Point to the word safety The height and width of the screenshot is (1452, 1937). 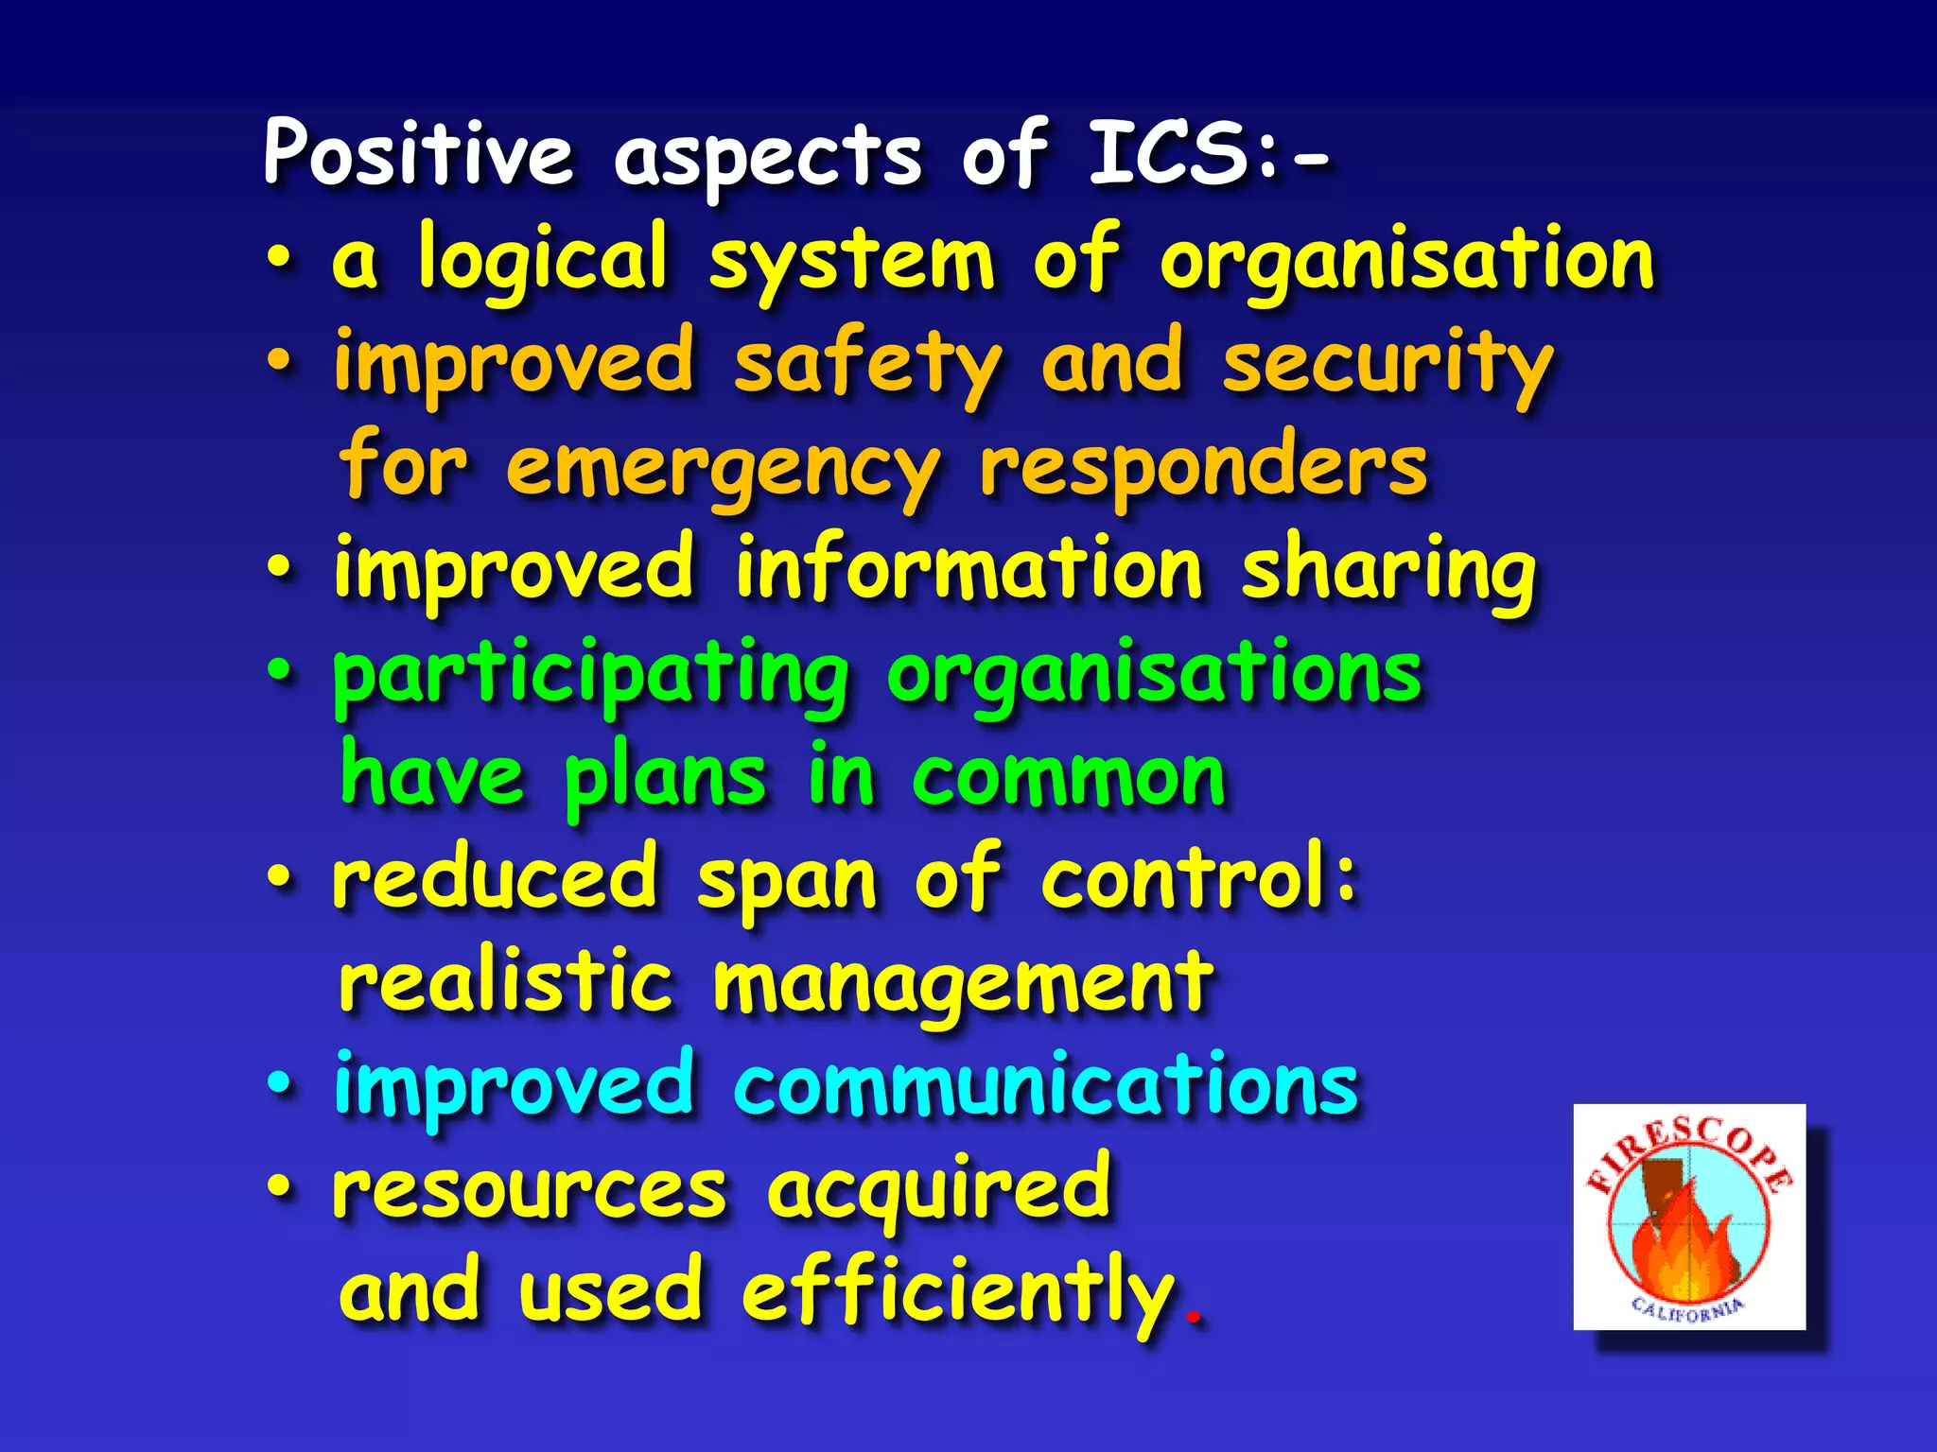click(866, 365)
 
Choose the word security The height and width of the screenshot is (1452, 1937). click(1387, 365)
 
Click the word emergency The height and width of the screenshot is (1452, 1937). click(723, 468)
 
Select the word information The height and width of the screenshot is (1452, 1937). click(968, 570)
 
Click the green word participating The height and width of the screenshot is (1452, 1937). click(591, 676)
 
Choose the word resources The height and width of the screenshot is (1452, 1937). click(530, 1189)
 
